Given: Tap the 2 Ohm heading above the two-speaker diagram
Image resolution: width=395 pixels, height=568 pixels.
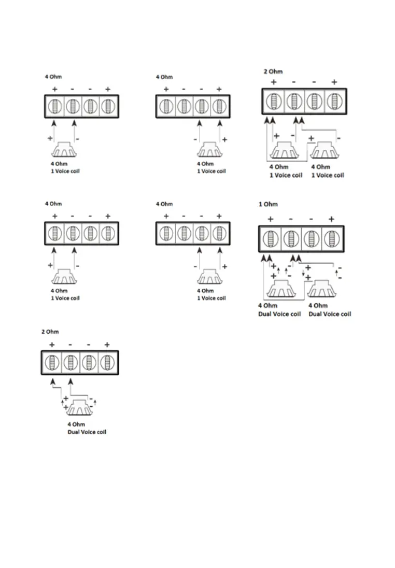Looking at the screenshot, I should click(x=273, y=72).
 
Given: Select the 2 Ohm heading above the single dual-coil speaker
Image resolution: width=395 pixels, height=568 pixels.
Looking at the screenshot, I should click(x=50, y=332).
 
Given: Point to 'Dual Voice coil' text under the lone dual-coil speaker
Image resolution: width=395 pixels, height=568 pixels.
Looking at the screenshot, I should click(x=87, y=432).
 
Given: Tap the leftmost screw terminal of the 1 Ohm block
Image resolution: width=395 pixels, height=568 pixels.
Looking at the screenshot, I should click(x=271, y=240).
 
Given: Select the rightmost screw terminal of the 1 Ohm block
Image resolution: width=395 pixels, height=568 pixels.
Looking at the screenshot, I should click(x=330, y=240).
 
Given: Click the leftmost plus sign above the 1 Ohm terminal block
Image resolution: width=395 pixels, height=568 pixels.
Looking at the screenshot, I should click(x=271, y=219).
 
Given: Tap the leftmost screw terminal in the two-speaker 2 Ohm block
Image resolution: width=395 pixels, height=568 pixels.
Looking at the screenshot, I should click(x=273, y=101).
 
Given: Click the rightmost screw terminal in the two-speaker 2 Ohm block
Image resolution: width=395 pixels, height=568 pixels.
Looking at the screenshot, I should click(x=334, y=101).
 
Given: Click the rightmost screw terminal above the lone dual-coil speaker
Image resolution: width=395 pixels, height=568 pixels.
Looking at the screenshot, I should click(x=107, y=363).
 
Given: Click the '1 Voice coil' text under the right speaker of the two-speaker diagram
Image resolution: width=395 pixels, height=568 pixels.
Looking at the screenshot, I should click(x=327, y=175).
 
